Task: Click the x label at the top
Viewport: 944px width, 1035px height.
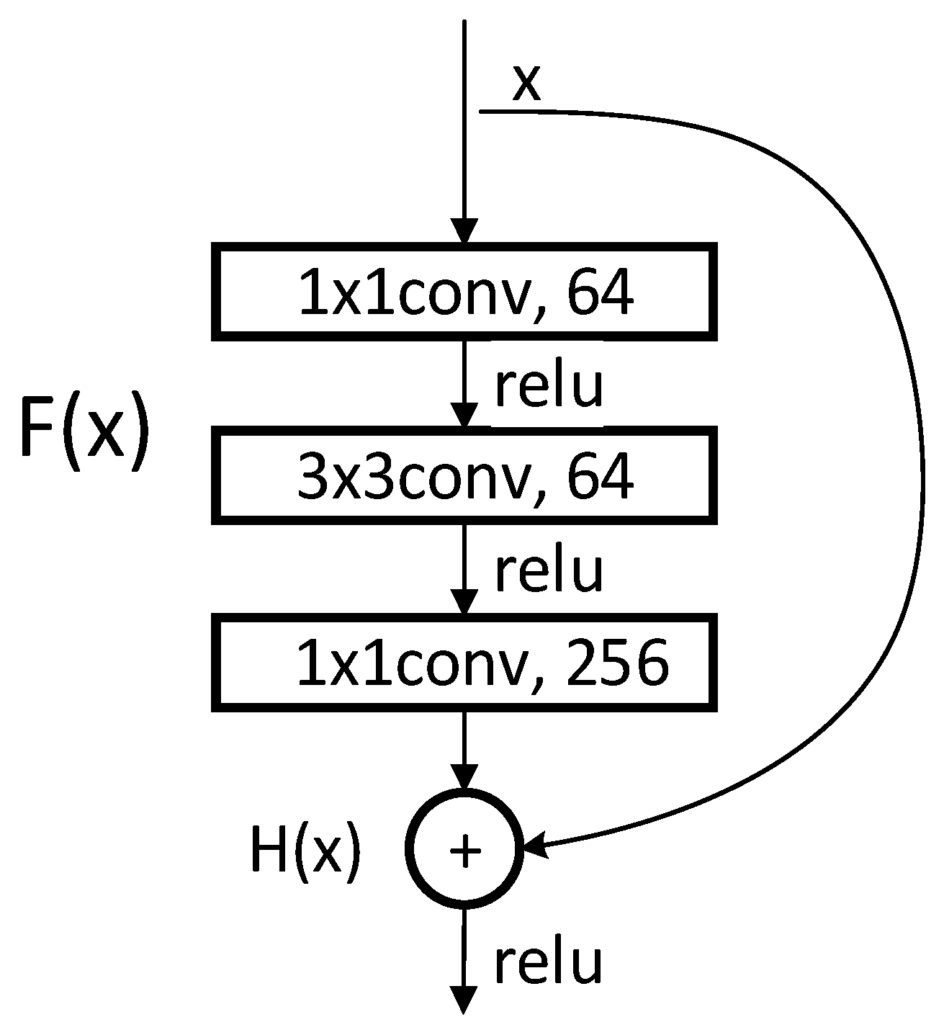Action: (x=526, y=84)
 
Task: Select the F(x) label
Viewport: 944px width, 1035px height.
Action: (x=84, y=431)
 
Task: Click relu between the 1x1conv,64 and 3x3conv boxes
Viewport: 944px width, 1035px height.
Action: (x=548, y=387)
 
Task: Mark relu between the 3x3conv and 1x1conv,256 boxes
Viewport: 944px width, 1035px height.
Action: (x=548, y=571)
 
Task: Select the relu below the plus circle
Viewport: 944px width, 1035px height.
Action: (x=548, y=963)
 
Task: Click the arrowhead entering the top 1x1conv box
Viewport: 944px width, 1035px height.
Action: (x=464, y=232)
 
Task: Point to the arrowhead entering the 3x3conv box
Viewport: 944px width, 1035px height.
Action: (x=464, y=416)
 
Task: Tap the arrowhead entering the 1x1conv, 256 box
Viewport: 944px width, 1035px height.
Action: (x=464, y=601)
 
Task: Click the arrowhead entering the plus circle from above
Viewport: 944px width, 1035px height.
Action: (x=464, y=778)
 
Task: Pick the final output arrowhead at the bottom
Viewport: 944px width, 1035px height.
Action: (x=464, y=1001)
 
